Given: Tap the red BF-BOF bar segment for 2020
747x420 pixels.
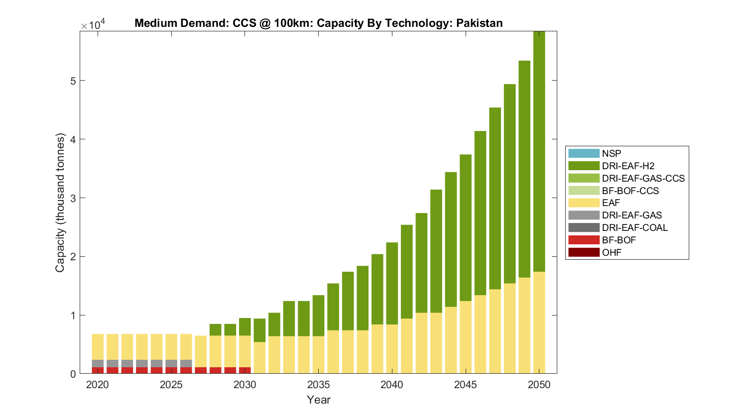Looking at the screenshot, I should (98, 370).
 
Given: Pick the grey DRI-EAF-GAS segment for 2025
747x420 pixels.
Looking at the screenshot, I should (171, 363).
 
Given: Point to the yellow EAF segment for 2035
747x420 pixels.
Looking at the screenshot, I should (318, 354).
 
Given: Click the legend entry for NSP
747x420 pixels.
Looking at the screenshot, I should (612, 153).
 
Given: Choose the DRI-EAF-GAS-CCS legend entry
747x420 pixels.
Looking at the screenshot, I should (643, 178).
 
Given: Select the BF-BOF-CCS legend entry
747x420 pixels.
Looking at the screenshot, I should (630, 191).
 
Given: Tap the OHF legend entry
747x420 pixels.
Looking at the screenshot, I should (612, 252).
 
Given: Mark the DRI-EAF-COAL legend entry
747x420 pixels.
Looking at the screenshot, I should (634, 227).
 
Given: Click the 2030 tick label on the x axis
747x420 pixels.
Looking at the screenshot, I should (245, 385).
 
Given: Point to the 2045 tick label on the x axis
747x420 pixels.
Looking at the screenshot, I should (466, 385).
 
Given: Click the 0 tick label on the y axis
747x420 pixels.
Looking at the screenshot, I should (73, 374).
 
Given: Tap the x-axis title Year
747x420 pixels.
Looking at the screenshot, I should (318, 400).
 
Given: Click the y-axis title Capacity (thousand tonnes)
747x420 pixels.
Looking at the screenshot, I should (60, 203).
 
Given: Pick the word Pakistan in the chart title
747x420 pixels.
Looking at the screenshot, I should (479, 23).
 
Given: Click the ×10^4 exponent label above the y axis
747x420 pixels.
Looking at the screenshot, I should (93, 25).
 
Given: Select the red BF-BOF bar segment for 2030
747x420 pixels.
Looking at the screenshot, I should (245, 370).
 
